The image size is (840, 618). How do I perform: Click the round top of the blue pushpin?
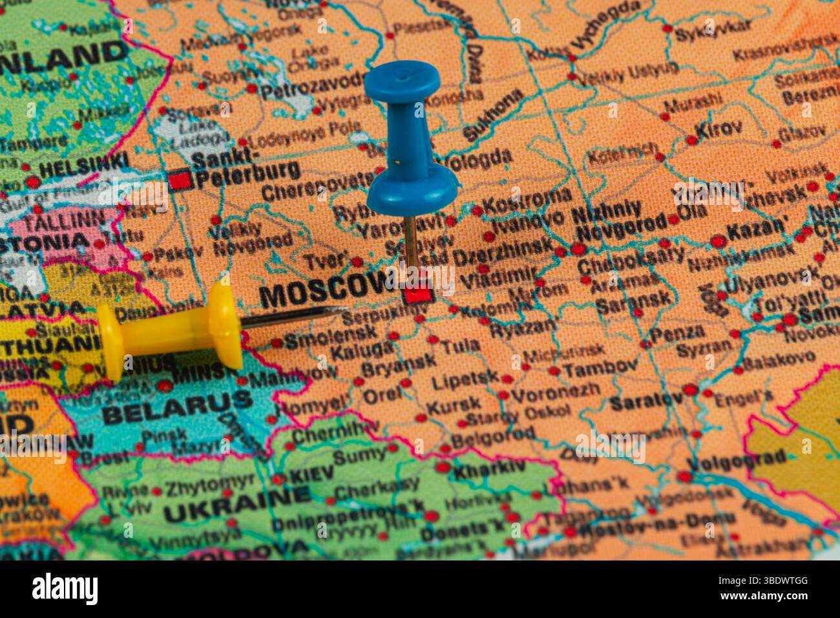point(402,81)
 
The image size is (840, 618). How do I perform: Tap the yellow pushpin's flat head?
point(109,342)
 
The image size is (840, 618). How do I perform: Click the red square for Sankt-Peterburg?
point(181,178)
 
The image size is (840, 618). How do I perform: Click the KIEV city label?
point(311,475)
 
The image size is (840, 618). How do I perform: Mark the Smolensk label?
point(330,336)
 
